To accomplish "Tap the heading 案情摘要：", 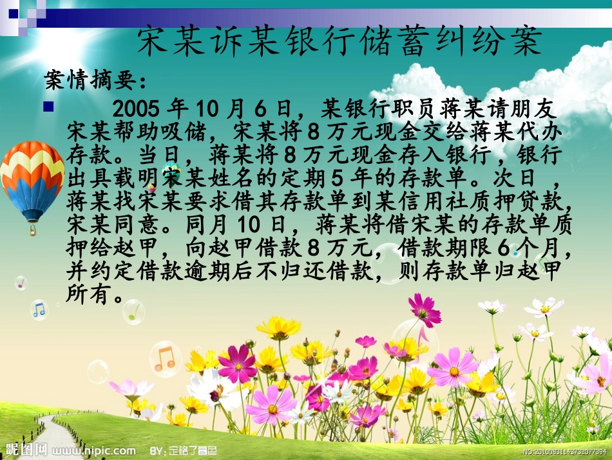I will [x=96, y=81].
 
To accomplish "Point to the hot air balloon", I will [x=30, y=177].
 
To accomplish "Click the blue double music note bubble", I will [x=40, y=309].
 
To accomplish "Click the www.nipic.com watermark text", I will [x=98, y=450].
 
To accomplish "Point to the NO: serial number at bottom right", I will [x=564, y=451].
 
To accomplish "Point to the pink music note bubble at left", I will [x=21, y=283].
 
